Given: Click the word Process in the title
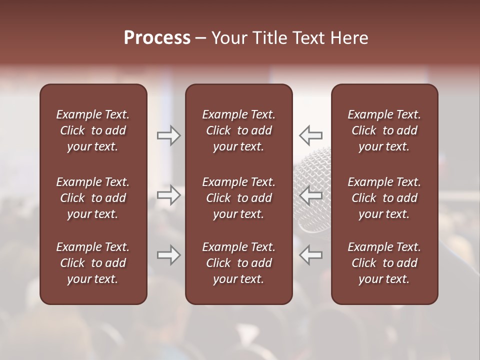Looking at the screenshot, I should tap(157, 38).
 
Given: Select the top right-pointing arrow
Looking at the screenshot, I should tap(169, 135).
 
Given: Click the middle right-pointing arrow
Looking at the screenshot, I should tap(169, 195).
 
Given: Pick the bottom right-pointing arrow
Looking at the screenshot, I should tap(169, 255).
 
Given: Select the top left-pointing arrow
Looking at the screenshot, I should tap(310, 135).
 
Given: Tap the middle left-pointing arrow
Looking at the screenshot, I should tap(310, 195).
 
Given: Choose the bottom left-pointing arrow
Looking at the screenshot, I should tap(310, 255).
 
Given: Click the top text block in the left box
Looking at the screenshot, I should tap(93, 130).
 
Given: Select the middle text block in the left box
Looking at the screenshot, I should tap(93, 198).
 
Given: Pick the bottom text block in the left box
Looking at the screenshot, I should tap(93, 263).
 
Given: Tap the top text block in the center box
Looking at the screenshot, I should tap(238, 130).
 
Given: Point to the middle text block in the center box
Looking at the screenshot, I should tap(238, 198).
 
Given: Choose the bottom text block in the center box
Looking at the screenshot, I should tap(238, 263).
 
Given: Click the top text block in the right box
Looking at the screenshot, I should tap(384, 130).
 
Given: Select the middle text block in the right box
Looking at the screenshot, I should tap(384, 198).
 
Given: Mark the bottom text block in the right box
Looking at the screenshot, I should tap(384, 263).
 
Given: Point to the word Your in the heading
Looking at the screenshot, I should tap(229, 38).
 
